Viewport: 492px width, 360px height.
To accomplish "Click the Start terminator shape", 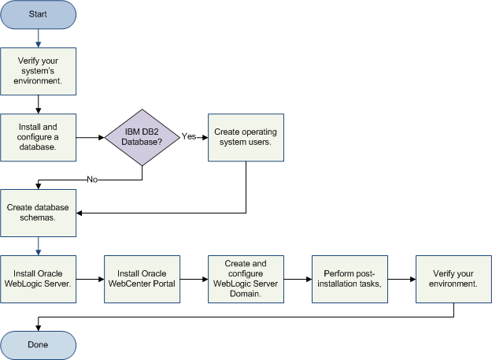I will pyautogui.click(x=39, y=15).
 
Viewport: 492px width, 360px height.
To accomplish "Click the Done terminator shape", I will pyautogui.click(x=39, y=344).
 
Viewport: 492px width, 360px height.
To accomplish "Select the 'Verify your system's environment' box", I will pyautogui.click(x=39, y=72).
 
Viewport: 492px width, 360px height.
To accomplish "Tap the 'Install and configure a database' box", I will pyautogui.click(x=39, y=137).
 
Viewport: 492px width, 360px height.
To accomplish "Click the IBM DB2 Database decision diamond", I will pyautogui.click(x=142, y=137).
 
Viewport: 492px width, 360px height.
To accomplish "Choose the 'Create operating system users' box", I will pyautogui.click(x=246, y=137).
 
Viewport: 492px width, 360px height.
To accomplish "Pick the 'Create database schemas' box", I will pyautogui.click(x=39, y=212).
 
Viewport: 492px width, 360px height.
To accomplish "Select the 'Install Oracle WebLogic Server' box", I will pyautogui.click(x=39, y=278).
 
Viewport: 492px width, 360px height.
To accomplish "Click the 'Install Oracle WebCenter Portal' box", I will pyautogui.click(x=142, y=278).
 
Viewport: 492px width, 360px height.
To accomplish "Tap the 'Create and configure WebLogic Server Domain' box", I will pyautogui.click(x=246, y=278).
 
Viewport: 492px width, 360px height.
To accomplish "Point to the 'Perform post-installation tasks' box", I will pyautogui.click(x=350, y=278).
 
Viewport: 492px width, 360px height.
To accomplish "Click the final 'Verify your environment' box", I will pyautogui.click(x=454, y=278).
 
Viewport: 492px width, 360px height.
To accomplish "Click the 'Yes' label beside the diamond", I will pyautogui.click(x=189, y=136).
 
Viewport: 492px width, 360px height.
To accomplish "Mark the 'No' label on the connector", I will pyautogui.click(x=92, y=180).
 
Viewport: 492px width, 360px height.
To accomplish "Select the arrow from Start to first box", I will pyautogui.click(x=39, y=39).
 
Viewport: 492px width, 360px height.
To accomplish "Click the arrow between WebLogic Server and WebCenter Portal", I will pyautogui.click(x=91, y=278).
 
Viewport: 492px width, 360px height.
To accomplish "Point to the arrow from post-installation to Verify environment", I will pyautogui.click(x=402, y=278).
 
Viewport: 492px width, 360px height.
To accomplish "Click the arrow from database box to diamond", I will pyautogui.click(x=91, y=137).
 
